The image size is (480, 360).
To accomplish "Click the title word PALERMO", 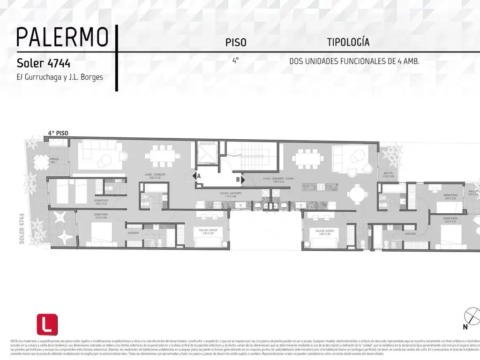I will point(62,38).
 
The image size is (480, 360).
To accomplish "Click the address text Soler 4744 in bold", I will point(44,63).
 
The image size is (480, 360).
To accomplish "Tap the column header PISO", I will point(236,43).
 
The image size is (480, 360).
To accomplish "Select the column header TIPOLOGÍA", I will point(348,42).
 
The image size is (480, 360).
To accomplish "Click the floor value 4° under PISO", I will point(235,60).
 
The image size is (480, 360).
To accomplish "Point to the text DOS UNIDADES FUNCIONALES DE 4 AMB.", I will point(354,61).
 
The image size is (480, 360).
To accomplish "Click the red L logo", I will point(47,324).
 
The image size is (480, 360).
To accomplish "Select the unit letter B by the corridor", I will point(240,179).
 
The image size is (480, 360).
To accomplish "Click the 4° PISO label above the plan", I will point(58,133).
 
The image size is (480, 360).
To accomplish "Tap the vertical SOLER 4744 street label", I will point(22,230).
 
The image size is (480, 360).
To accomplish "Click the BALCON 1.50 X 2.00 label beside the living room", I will point(388,174).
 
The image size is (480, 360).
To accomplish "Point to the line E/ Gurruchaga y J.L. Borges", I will point(60,77).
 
